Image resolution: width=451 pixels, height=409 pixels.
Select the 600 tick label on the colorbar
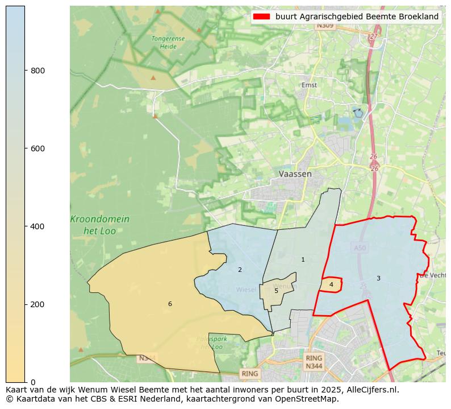tap(37, 148)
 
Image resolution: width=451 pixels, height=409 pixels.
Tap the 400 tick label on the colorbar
tap(37, 226)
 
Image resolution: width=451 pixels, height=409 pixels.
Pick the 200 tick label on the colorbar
tap(37, 304)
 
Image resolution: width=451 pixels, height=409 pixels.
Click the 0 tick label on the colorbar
tap(33, 382)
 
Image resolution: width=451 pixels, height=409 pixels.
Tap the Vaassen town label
tap(295, 174)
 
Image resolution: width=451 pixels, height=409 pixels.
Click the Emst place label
tap(310, 85)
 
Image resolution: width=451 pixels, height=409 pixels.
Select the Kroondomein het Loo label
tap(100, 225)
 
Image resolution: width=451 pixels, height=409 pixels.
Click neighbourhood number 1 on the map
tap(303, 260)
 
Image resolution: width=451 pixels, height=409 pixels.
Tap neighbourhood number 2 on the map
tap(240, 270)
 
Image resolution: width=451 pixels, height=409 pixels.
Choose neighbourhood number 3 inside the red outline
tap(378, 278)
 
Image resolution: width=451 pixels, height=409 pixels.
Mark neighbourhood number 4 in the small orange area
tap(331, 284)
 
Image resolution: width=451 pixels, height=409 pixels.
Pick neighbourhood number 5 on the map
tap(277, 291)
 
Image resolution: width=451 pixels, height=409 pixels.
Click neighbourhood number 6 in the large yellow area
tap(170, 304)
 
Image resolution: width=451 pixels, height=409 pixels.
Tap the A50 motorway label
tap(360, 248)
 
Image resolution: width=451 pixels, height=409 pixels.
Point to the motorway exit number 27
tap(373, 36)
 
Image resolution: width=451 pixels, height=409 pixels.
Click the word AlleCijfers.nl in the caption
tap(371, 390)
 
